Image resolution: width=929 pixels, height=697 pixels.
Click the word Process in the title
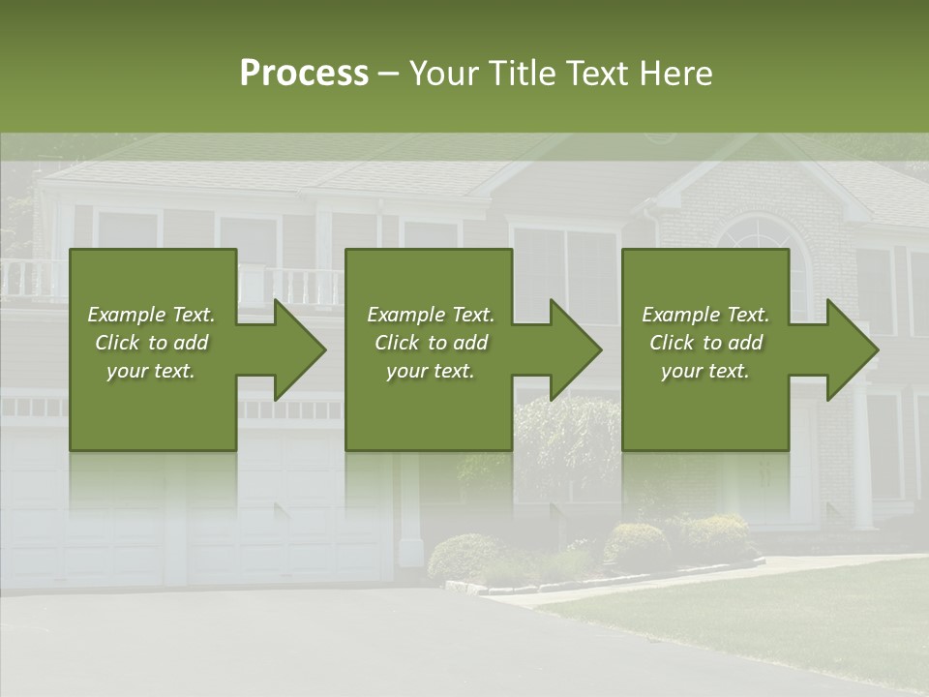304,74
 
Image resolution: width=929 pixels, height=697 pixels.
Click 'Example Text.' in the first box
151,315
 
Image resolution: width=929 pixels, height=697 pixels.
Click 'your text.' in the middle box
430,371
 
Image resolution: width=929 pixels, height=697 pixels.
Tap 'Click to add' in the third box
705,343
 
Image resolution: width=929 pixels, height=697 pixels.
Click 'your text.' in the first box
151,371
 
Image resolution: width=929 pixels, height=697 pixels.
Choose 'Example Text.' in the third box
705,315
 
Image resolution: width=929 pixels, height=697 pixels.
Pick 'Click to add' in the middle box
430,343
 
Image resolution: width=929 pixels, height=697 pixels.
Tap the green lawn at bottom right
774,620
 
